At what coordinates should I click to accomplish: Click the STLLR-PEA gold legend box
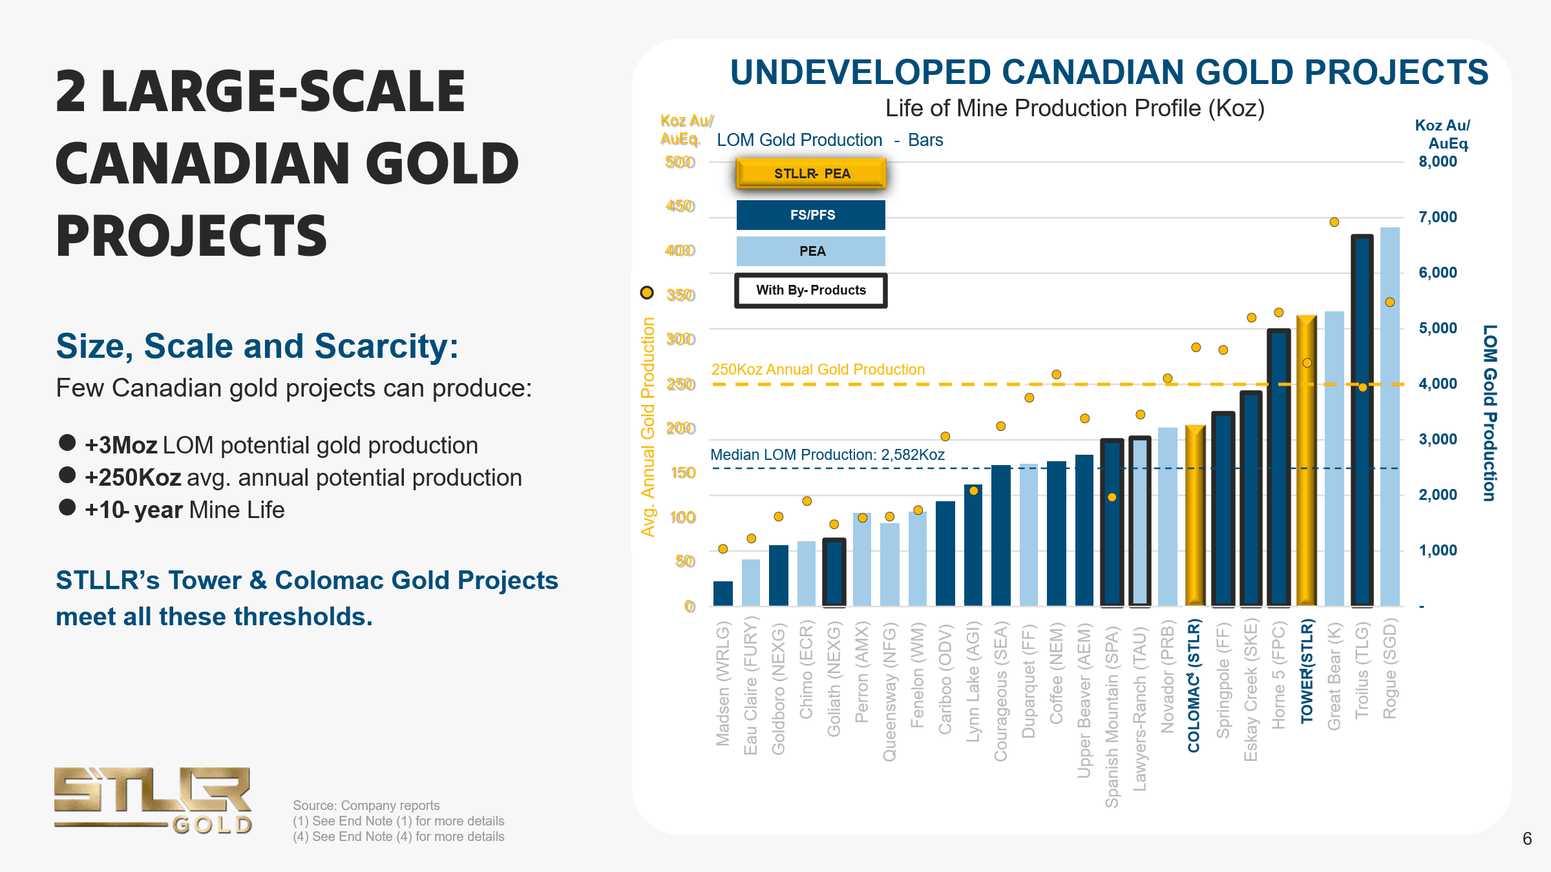[x=811, y=173]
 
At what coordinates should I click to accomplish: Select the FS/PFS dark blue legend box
[x=811, y=215]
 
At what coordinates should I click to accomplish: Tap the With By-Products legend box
[x=811, y=290]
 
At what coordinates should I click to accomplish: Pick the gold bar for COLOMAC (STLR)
[x=1195, y=517]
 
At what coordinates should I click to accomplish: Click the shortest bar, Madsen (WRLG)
[x=723, y=594]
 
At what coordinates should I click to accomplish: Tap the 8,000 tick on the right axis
[x=1437, y=161]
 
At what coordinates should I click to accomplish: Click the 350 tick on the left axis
[x=681, y=295]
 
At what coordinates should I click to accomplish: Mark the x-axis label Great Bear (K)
[x=1334, y=676]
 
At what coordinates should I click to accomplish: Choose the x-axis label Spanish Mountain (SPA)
[x=1112, y=715]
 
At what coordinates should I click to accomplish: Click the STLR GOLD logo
[x=153, y=800]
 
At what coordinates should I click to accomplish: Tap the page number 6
[x=1527, y=838]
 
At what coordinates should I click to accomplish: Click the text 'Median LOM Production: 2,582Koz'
[x=827, y=455]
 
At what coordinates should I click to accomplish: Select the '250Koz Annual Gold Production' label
[x=818, y=369]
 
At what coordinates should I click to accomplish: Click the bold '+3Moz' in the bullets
[x=121, y=446]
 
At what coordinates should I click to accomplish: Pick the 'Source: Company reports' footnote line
[x=366, y=805]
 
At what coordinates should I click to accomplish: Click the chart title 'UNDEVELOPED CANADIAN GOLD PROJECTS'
[x=1109, y=72]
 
